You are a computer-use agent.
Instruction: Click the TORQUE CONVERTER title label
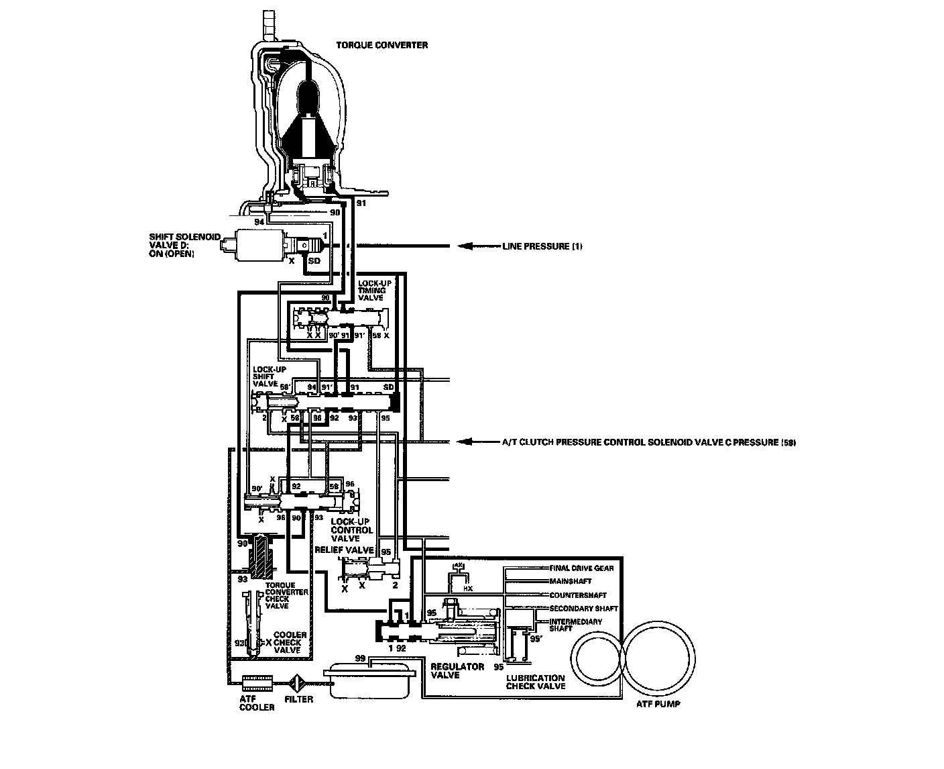pos(381,46)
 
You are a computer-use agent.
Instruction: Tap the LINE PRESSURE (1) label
pos(542,246)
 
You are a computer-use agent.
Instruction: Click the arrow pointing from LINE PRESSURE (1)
pos(476,246)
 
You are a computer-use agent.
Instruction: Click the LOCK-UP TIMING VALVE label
pos(374,290)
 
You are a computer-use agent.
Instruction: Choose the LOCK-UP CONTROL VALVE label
pos(352,529)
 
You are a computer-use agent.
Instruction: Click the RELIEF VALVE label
pos(344,550)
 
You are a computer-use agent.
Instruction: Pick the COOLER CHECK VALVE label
pos(290,642)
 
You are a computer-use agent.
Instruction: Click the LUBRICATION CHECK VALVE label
pos(535,682)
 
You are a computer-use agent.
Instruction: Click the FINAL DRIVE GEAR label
pos(581,568)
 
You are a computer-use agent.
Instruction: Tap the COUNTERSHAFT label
pos(578,595)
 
